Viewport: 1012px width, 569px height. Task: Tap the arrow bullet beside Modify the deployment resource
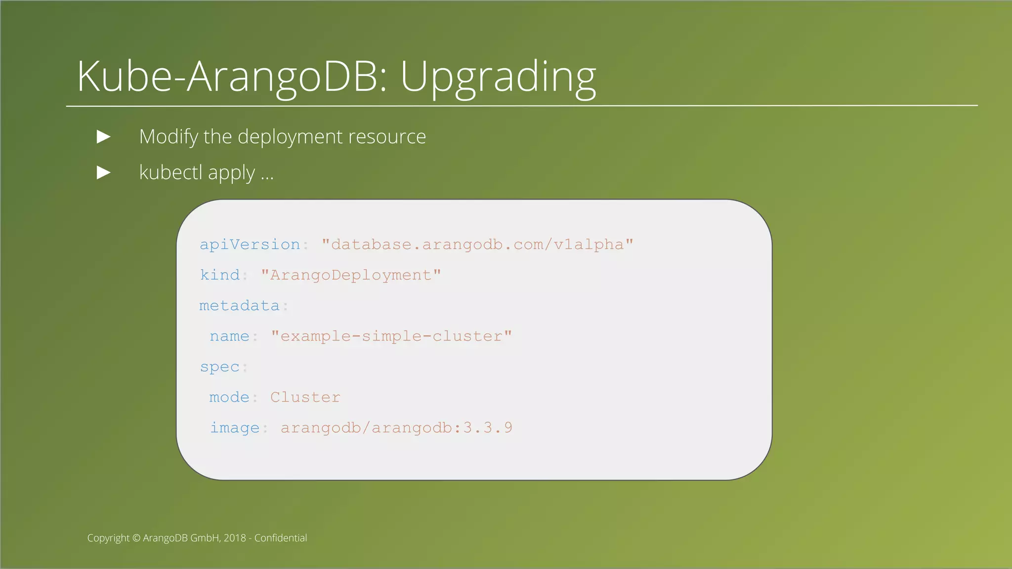point(103,137)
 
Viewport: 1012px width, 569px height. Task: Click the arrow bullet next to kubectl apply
point(103,173)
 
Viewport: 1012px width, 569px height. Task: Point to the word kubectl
point(171,173)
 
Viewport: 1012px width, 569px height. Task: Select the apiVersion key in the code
point(250,244)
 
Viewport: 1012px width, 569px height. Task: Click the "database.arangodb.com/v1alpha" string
point(477,244)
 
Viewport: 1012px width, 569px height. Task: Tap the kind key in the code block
point(220,275)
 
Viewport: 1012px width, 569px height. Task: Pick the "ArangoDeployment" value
point(351,275)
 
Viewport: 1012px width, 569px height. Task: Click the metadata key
point(240,306)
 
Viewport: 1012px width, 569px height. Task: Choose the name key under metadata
point(229,336)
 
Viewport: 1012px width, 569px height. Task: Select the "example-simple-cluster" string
point(391,336)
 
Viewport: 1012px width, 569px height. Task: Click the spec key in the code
point(220,367)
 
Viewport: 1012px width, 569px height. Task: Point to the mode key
point(229,398)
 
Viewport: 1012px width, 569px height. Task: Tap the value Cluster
point(305,398)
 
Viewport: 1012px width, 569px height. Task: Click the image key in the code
point(235,428)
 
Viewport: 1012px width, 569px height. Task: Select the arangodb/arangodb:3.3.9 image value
point(396,428)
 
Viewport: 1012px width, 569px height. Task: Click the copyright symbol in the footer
point(136,538)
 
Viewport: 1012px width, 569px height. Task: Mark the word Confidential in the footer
point(281,538)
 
